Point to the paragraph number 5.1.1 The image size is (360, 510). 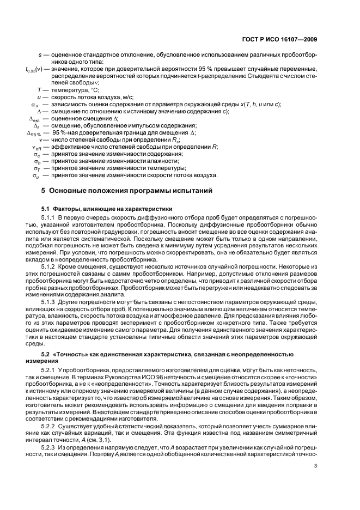click(51, 218)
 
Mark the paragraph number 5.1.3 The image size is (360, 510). click(51, 301)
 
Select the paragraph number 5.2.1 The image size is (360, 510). click(51, 369)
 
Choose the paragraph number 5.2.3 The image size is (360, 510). click(51, 446)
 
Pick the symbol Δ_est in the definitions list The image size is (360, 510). click(35, 118)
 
